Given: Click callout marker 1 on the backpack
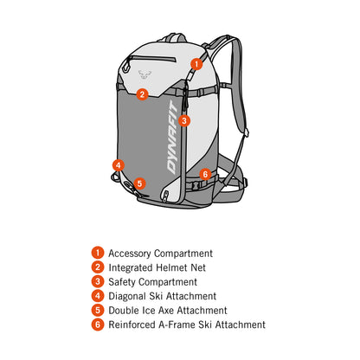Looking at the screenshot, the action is [x=196, y=64].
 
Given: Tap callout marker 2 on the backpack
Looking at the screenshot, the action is [x=142, y=94].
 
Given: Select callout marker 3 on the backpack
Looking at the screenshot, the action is [x=184, y=120].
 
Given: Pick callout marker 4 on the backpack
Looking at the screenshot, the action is [x=119, y=165].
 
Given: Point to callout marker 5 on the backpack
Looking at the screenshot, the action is [x=139, y=183].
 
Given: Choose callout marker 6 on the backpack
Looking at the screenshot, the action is [x=205, y=174].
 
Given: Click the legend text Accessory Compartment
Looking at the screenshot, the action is [x=160, y=254].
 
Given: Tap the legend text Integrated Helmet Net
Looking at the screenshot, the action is [x=157, y=267].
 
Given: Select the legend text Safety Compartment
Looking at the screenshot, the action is [x=152, y=282].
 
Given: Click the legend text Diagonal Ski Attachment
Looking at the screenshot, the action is [x=162, y=296].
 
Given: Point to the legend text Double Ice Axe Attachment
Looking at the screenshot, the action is [x=168, y=311].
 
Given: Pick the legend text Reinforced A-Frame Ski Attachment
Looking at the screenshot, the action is [x=187, y=325].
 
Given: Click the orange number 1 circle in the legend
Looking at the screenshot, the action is [x=98, y=253].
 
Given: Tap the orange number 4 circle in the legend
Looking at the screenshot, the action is [x=98, y=296].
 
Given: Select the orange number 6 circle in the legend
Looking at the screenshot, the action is [x=98, y=325].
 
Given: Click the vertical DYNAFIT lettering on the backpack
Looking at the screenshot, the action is [x=173, y=138].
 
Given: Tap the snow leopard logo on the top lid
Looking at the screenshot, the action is [x=145, y=74].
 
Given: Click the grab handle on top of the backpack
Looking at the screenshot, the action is [x=172, y=37].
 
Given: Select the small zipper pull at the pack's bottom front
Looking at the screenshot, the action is [x=165, y=196].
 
